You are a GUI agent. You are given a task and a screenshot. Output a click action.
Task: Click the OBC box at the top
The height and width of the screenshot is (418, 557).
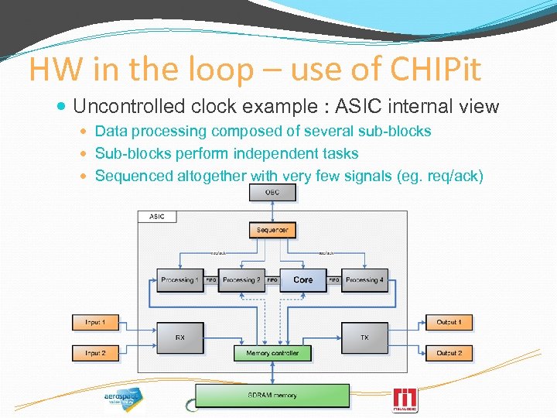click(x=272, y=192)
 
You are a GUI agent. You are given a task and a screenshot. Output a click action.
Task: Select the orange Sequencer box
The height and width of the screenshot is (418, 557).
click(x=272, y=230)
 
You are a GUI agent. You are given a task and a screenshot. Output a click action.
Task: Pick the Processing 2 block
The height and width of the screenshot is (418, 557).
click(x=241, y=279)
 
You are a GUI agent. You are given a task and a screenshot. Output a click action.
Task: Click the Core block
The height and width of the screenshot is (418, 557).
click(x=303, y=279)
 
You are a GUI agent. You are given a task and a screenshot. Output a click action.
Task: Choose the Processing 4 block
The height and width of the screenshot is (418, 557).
click(x=364, y=279)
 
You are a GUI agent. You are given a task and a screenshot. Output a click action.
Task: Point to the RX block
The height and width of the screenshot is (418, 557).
click(x=179, y=337)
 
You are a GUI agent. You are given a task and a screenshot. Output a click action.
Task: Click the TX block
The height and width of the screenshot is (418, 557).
click(x=364, y=337)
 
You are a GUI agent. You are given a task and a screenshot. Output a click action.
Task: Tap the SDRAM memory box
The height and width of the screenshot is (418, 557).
click(x=272, y=396)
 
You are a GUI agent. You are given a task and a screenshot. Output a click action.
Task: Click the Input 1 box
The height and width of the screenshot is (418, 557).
click(x=96, y=322)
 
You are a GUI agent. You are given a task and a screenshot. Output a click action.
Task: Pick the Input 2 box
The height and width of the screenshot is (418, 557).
click(x=96, y=353)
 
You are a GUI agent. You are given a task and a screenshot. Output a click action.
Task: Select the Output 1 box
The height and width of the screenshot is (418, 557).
click(x=449, y=322)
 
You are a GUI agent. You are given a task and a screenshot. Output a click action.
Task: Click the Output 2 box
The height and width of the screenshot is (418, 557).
click(x=449, y=353)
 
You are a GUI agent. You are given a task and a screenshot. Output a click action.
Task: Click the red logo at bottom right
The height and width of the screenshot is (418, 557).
click(x=405, y=399)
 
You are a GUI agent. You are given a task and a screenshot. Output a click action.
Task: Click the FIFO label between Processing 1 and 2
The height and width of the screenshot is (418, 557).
click(x=210, y=280)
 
